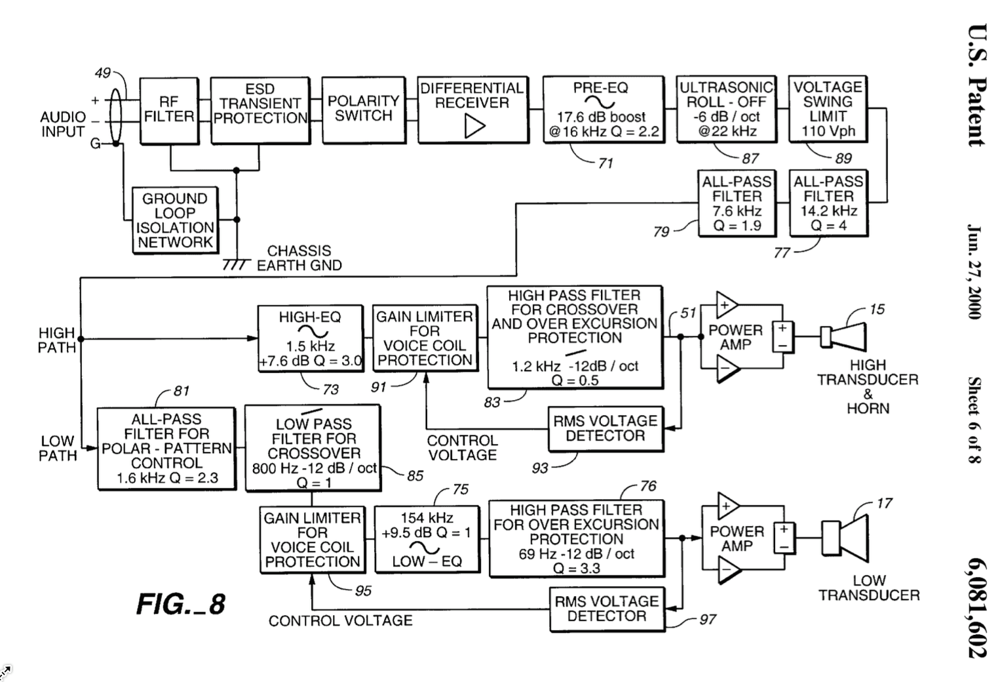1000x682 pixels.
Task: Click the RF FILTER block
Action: coord(169,110)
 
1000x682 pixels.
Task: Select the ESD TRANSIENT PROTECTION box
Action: coord(260,110)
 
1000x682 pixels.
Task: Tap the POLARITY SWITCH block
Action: coord(363,110)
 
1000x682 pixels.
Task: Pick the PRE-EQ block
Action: coord(602,110)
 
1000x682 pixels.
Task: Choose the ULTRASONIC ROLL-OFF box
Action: coord(727,110)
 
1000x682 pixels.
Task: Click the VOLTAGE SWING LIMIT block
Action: coord(828,110)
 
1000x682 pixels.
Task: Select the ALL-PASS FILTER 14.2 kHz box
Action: coord(828,203)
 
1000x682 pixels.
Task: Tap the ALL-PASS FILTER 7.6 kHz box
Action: coord(737,203)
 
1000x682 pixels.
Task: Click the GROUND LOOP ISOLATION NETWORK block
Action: coord(174,220)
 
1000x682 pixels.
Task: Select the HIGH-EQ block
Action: coord(310,338)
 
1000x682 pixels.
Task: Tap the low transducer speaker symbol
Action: coord(845,539)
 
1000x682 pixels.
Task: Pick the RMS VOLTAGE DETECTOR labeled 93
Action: coord(606,429)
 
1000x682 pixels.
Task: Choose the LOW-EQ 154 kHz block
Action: coord(427,538)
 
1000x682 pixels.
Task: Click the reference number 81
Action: coord(182,391)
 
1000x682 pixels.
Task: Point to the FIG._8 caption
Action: coord(181,604)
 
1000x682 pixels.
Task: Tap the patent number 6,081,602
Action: coord(976,607)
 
